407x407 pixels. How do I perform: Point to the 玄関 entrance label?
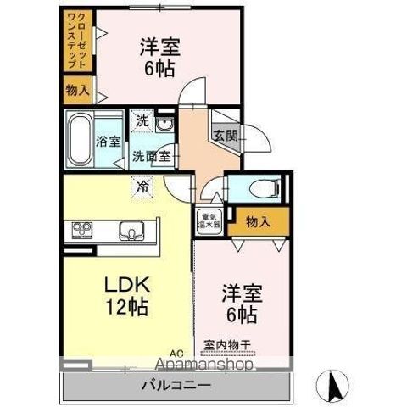[225, 135]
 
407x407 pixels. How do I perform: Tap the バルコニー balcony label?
[176, 383]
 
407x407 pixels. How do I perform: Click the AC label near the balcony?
[176, 354]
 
